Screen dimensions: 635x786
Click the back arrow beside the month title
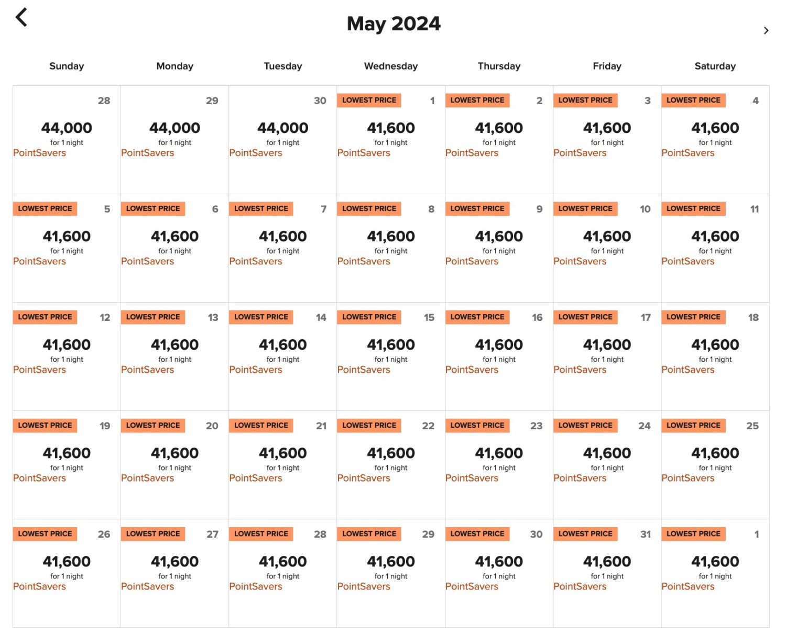coord(21,17)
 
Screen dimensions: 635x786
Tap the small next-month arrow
coord(766,30)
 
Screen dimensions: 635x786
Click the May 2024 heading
coord(394,24)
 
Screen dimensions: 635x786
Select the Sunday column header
coord(67,66)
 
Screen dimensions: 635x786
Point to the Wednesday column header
coord(391,66)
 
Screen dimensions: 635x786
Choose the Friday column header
coord(607,66)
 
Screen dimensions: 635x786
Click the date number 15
coord(429,317)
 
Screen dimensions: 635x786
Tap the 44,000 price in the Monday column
coord(174,128)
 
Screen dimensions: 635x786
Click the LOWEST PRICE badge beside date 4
coord(693,100)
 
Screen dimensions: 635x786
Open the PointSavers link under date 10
coord(580,261)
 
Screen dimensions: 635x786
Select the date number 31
coord(646,534)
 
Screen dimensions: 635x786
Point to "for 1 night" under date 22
coord(391,467)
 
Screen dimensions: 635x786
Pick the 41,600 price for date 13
coord(174,344)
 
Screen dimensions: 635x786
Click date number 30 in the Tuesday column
coord(320,101)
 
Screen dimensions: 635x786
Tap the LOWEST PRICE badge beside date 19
coord(45,425)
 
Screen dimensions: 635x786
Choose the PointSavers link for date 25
coord(687,478)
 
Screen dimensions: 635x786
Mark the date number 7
coord(323,209)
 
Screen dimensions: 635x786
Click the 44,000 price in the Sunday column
coord(67,128)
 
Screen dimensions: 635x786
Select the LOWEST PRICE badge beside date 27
coord(153,533)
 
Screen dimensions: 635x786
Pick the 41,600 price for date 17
coord(607,344)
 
